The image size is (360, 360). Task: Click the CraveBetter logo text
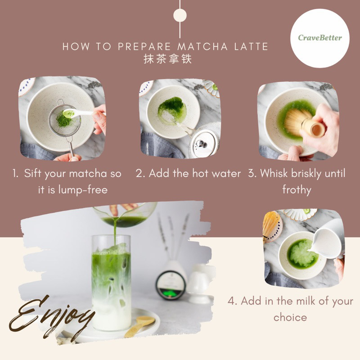coord(320,38)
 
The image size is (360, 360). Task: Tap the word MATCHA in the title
coord(202,47)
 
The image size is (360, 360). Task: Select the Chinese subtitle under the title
coord(168,59)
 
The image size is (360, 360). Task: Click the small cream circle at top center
coord(180,15)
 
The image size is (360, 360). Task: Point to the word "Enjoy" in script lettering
coord(51,319)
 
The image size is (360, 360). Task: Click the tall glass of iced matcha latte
coord(111,283)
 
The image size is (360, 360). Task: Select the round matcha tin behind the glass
coord(171,285)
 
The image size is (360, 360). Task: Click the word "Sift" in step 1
coord(33,173)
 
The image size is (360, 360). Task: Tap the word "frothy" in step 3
coord(297,190)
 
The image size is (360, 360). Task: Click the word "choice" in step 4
coord(290,318)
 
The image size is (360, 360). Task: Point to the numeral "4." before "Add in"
coord(232,301)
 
